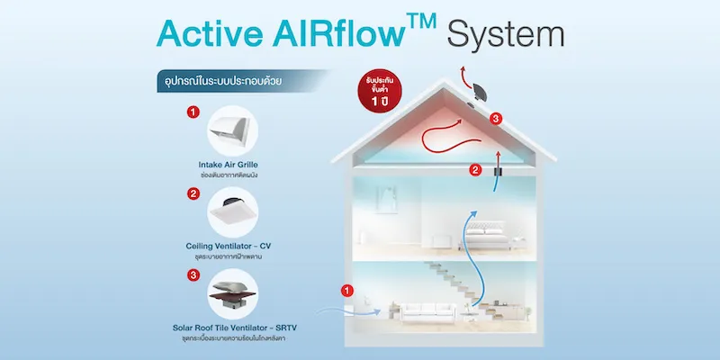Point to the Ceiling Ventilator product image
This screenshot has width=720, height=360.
click(x=230, y=212)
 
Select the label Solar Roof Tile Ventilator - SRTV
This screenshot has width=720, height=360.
click(x=231, y=326)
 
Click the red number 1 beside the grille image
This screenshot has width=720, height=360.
click(x=192, y=112)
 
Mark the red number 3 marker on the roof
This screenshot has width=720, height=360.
click(x=494, y=118)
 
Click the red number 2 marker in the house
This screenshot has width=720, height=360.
click(x=475, y=167)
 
